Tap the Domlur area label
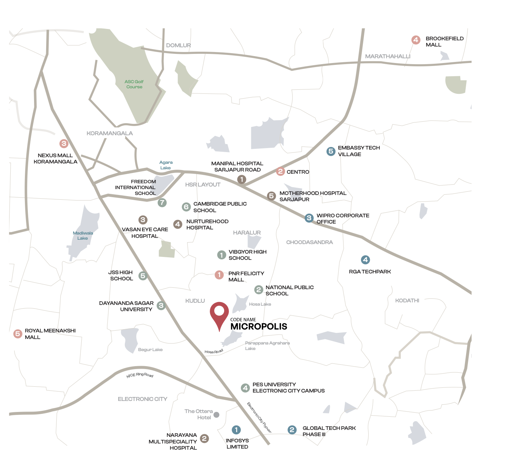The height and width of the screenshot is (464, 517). pyautogui.click(x=178, y=45)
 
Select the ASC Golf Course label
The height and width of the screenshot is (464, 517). pyautogui.click(x=134, y=84)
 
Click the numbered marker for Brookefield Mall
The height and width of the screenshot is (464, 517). pyautogui.click(x=416, y=40)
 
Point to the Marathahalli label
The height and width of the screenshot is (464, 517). pyautogui.click(x=387, y=56)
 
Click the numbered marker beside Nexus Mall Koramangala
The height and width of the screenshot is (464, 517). pyautogui.click(x=64, y=144)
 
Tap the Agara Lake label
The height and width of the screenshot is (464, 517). pyautogui.click(x=166, y=165)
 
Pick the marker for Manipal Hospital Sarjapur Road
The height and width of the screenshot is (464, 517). pyautogui.click(x=241, y=179)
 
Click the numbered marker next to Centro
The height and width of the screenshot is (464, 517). pyautogui.click(x=280, y=171)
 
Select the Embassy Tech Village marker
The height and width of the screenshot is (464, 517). pyautogui.click(x=331, y=151)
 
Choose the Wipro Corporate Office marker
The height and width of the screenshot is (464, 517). pyautogui.click(x=309, y=218)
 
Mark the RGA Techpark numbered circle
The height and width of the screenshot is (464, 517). pyautogui.click(x=365, y=260)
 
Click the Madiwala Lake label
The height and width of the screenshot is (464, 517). pyautogui.click(x=83, y=236)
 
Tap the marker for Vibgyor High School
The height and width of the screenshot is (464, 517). pyautogui.click(x=222, y=255)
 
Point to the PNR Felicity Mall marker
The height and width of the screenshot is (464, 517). pyautogui.click(x=219, y=275)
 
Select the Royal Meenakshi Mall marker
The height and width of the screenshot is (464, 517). pyautogui.click(x=18, y=334)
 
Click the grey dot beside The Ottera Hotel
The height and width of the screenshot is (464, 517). pyautogui.click(x=216, y=415)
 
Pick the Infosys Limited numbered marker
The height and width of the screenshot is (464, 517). pyautogui.click(x=236, y=430)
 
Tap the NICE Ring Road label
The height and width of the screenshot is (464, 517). pyautogui.click(x=140, y=375)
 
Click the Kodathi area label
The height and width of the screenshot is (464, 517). pyautogui.click(x=407, y=301)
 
